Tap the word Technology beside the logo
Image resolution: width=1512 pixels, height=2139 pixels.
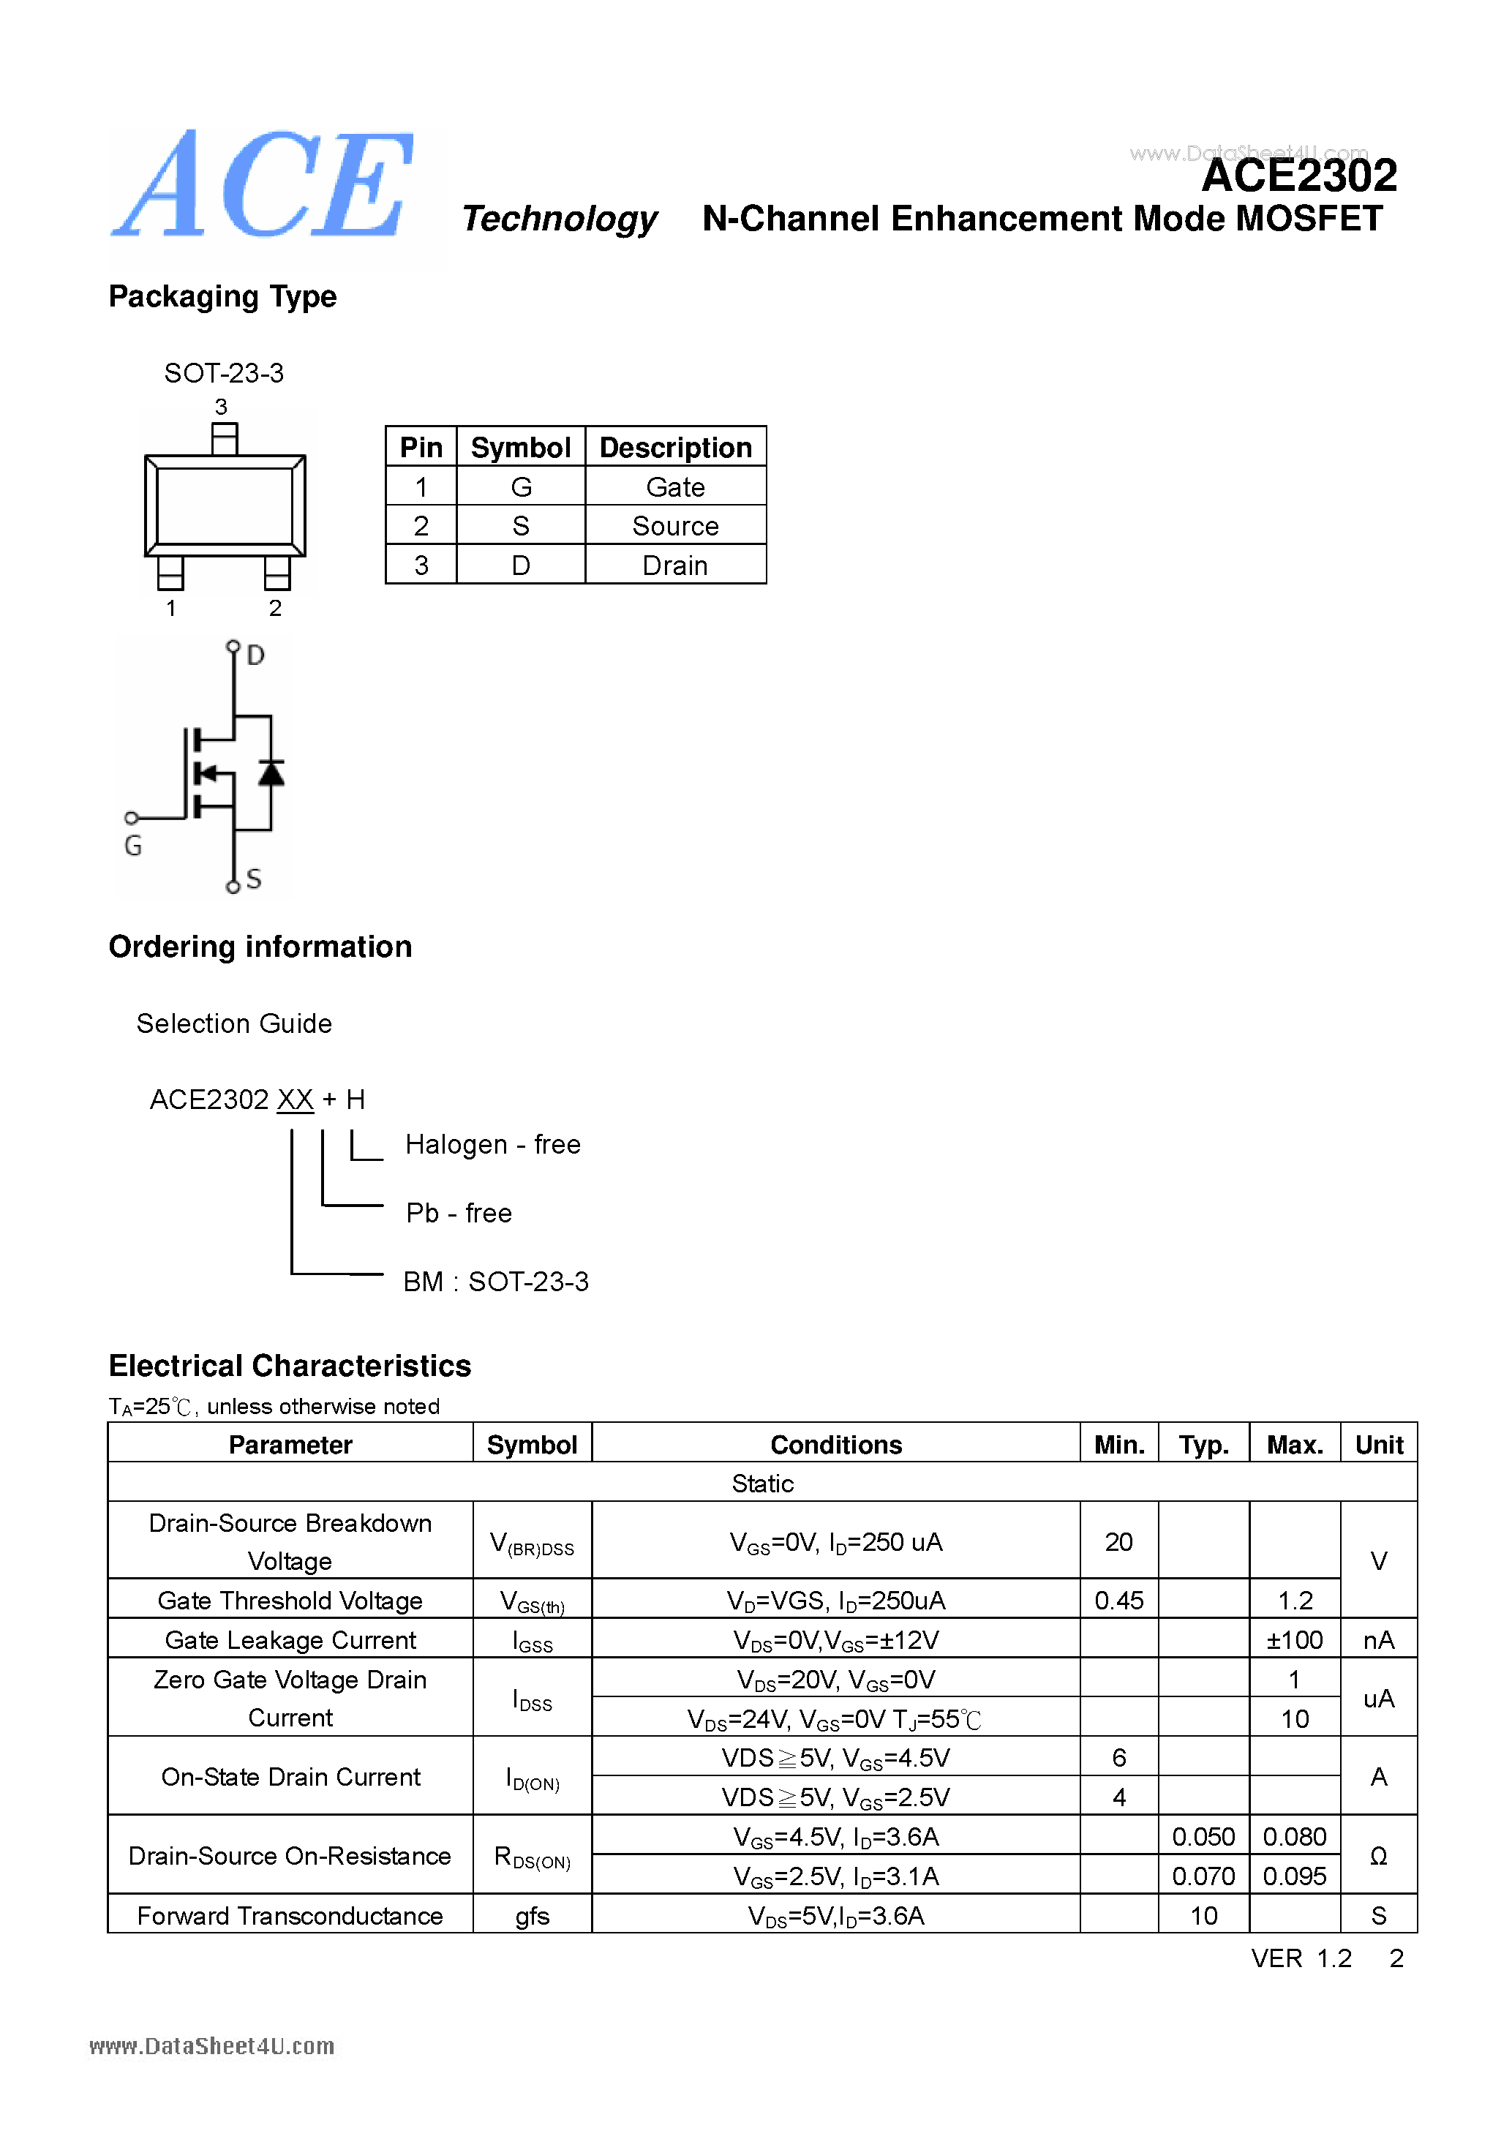coord(559,219)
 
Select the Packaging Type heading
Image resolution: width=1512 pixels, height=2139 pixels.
coord(222,296)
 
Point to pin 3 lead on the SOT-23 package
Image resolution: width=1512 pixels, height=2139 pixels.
coord(225,438)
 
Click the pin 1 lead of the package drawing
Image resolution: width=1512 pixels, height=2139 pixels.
coord(170,573)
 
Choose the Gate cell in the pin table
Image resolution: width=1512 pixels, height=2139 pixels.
coord(674,487)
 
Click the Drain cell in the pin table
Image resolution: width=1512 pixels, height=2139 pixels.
coord(674,565)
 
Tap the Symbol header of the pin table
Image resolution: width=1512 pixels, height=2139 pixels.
coord(520,448)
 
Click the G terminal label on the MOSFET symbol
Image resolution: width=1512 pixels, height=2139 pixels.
coord(133,846)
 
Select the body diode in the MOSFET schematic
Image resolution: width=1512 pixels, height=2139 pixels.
coord(271,773)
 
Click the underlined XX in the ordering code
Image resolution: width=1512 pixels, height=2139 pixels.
coord(296,1100)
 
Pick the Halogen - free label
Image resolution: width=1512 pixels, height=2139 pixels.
coord(493,1145)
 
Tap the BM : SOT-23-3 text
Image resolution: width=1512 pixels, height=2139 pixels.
coord(496,1282)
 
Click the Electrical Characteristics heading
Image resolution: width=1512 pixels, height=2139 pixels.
coord(290,1366)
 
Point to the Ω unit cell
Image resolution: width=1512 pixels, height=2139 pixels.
coord(1378,1856)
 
